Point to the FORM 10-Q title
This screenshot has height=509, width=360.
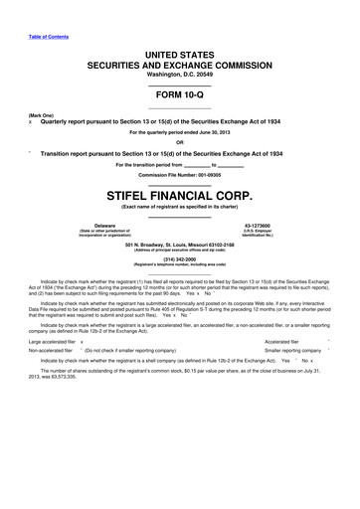[179, 95]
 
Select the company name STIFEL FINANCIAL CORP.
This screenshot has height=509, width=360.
[179, 185]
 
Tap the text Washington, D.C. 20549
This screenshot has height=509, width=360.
[179, 74]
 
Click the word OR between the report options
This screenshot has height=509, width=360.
[179, 140]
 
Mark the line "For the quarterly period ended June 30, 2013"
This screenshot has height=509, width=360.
[179, 131]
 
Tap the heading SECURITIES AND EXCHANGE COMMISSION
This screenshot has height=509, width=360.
[179, 62]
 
